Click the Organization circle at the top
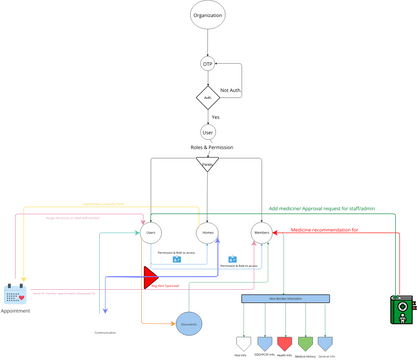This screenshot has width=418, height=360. click(207, 16)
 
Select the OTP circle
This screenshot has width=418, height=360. click(207, 64)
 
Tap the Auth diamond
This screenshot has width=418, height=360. click(207, 98)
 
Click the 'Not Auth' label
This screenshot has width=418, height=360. click(231, 90)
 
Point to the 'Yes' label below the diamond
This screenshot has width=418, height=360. click(215, 116)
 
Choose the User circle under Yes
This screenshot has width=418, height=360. click(207, 131)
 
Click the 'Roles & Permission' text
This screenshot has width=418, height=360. click(207, 148)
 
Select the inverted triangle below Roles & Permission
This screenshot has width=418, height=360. click(207, 163)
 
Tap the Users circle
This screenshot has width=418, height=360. click(150, 233)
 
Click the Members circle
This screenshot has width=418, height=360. click(263, 233)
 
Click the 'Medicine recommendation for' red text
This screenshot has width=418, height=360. click(325, 229)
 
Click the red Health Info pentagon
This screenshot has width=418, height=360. click(284, 342)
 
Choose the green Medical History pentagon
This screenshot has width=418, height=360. click(305, 342)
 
